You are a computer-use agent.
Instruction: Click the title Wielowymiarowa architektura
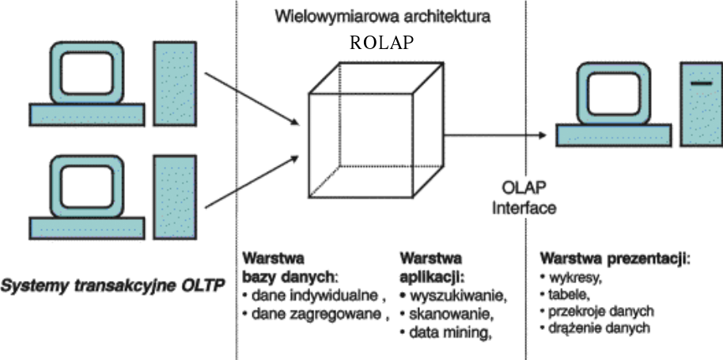(x=381, y=16)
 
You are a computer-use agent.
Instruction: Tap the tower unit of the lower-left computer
(x=175, y=195)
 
